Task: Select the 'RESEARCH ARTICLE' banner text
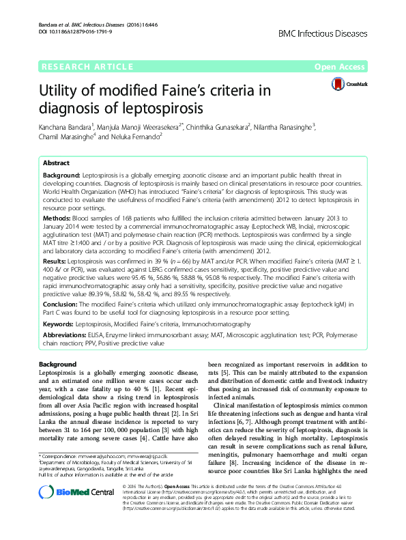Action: pos(87,66)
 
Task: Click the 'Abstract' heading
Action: pos(56,164)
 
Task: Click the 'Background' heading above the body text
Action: pos(58,364)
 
